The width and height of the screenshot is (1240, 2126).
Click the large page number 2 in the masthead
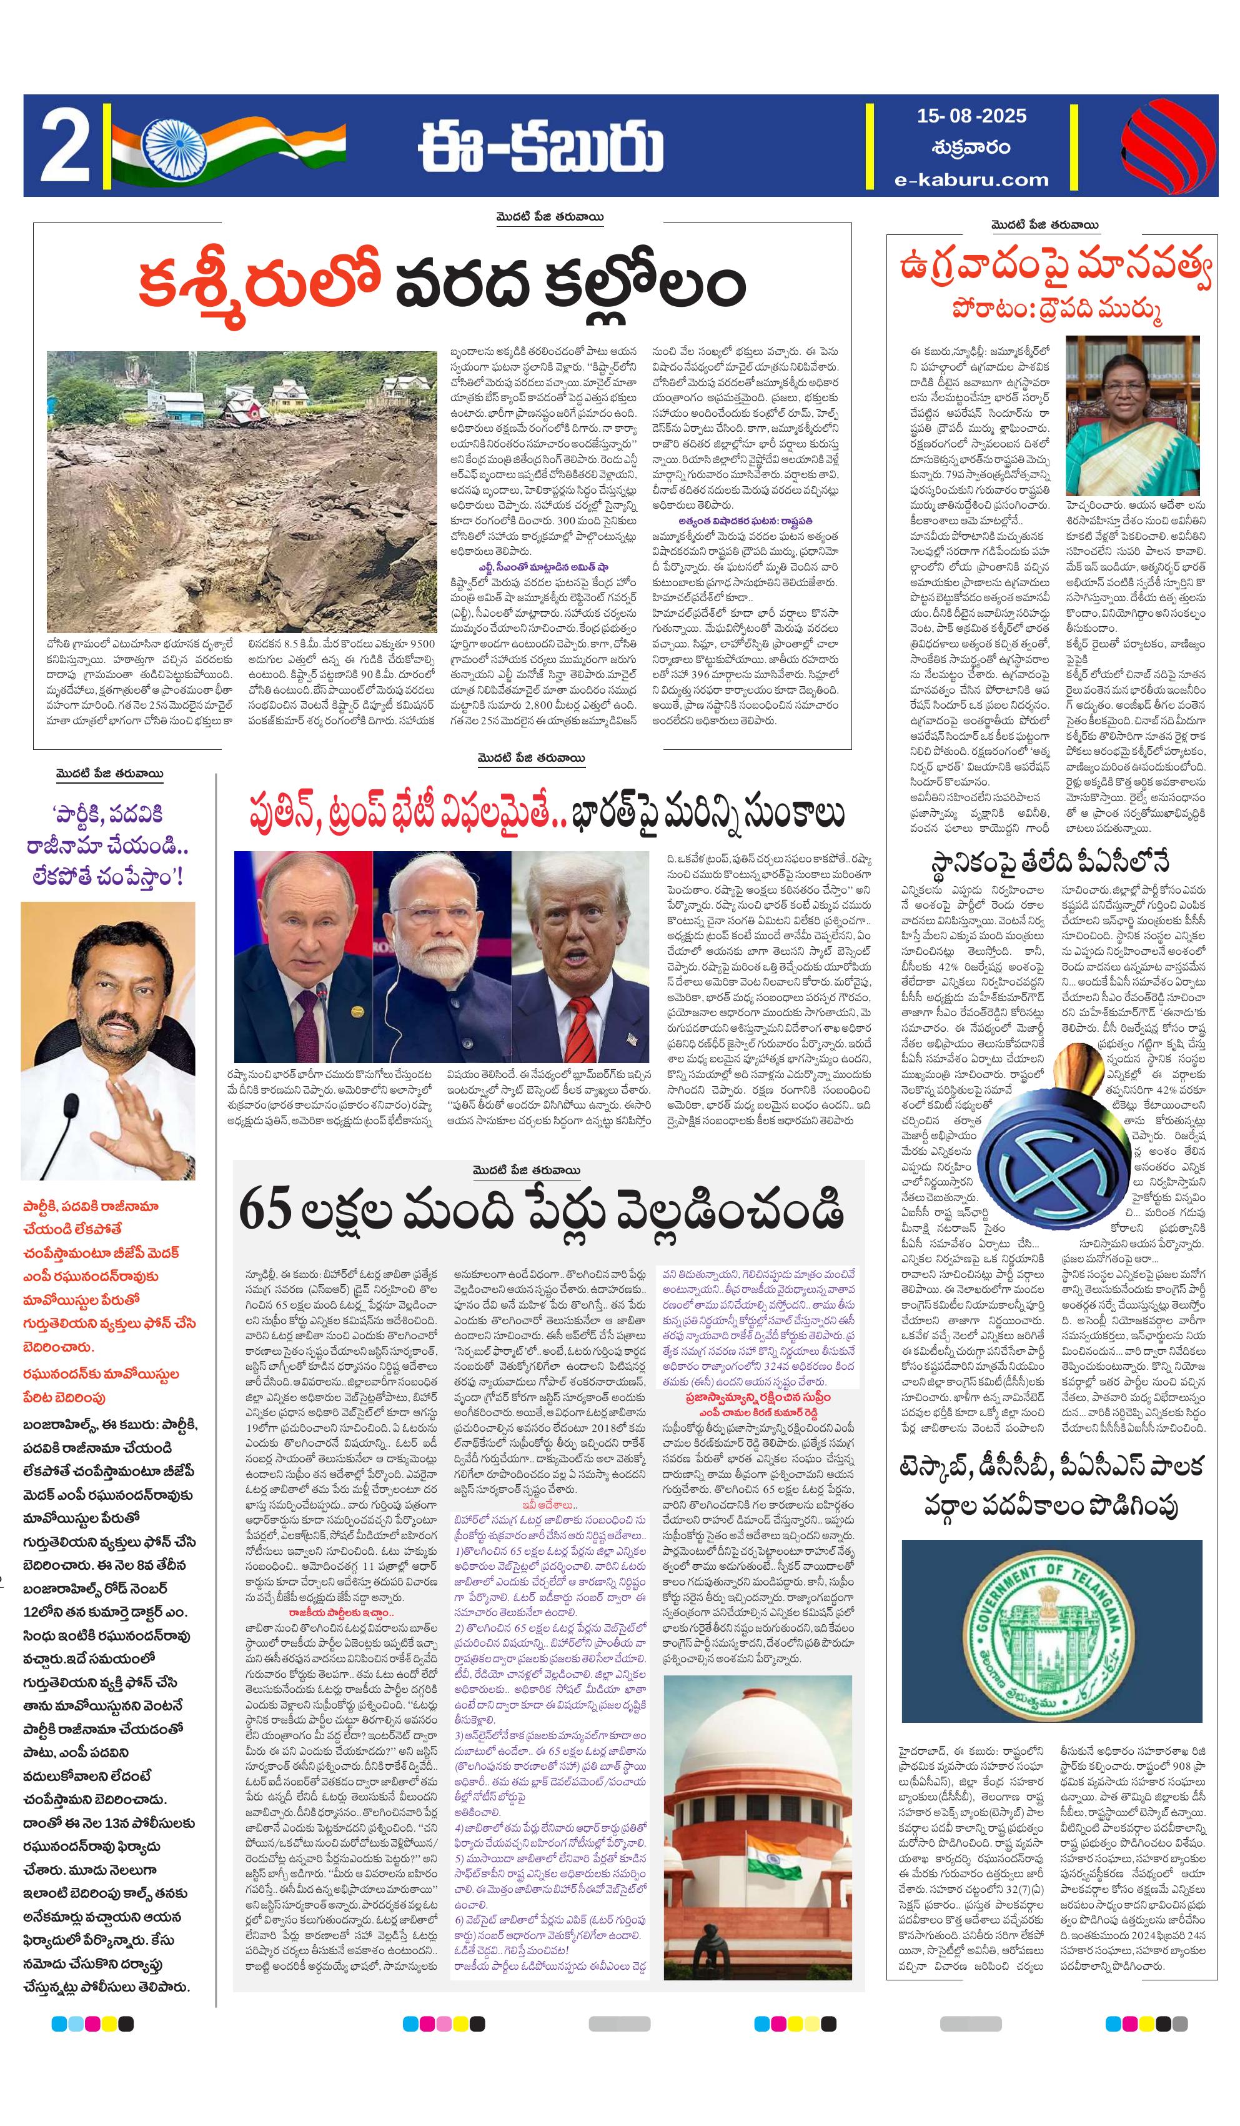(65, 147)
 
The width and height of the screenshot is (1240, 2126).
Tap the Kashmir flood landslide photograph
(241, 491)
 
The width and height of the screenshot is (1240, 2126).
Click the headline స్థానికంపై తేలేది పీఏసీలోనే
(1049, 861)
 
